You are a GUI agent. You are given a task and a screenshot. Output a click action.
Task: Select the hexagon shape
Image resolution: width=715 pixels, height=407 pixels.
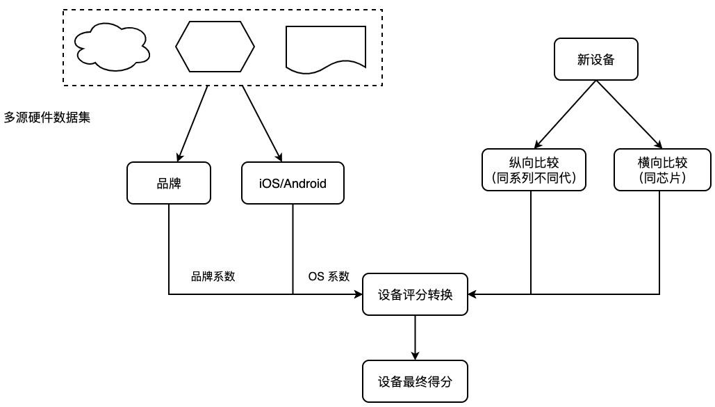pos(215,46)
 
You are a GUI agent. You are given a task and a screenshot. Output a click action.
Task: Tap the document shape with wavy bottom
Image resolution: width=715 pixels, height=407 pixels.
pos(326,48)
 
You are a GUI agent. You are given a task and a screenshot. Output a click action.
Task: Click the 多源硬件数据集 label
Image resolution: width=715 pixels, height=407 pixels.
pos(47,118)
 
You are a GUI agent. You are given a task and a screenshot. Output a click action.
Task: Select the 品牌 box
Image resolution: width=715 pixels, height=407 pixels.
pos(169,184)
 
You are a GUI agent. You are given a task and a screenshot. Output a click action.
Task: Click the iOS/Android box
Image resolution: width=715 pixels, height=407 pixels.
pos(293,184)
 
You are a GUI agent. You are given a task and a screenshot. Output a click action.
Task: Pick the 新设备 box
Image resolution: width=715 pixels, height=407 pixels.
pos(596,60)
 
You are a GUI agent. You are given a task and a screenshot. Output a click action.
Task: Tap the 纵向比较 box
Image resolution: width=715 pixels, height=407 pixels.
pos(534,163)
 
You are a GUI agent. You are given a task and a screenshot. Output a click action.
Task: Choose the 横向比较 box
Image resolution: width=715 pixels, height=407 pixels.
pos(662,163)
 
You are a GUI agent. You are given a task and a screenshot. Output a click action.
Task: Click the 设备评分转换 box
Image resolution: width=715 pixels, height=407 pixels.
pos(415,294)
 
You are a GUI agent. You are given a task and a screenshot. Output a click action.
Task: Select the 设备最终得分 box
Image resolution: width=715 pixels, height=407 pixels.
pos(415,381)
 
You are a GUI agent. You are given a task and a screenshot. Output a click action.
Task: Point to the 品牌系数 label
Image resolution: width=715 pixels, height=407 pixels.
pos(213,276)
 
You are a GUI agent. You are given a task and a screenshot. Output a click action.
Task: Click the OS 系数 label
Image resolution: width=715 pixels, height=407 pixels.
pos(329,276)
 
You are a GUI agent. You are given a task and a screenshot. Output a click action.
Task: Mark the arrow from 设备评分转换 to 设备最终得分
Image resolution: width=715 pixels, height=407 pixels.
pos(415,337)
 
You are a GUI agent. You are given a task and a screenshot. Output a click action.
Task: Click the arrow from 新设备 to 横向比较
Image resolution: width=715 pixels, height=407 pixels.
pos(627,113)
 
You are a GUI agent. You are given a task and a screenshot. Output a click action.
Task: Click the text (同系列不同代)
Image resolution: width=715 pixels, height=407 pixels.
pos(534,178)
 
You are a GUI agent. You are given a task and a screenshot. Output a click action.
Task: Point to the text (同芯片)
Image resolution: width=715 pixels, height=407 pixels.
pos(662,178)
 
